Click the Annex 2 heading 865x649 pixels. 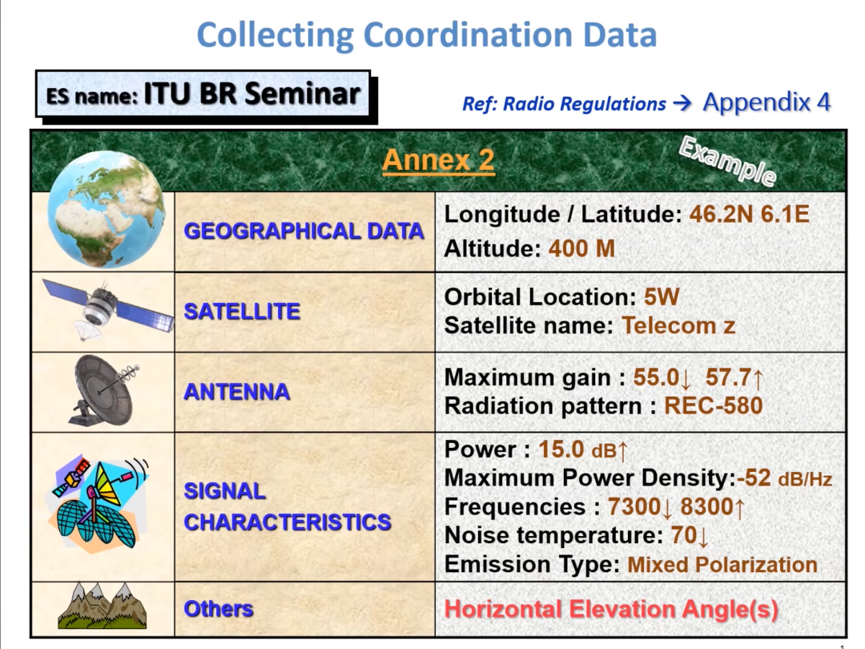[438, 160]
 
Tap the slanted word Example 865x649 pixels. [727, 160]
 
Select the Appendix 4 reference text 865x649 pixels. [766, 102]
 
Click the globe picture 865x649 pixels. [106, 209]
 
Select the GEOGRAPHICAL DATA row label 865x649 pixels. [304, 232]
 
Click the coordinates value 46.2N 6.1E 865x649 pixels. [749, 214]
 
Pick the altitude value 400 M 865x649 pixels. [581, 248]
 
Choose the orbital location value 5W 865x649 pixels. [662, 297]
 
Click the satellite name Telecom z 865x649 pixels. [678, 325]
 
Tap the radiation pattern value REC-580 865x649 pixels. [714, 406]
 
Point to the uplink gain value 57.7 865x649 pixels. [727, 377]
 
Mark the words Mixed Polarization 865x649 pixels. [722, 565]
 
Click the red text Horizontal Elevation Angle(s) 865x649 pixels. [611, 609]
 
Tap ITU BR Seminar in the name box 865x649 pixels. [252, 93]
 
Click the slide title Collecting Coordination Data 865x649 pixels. [426, 34]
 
